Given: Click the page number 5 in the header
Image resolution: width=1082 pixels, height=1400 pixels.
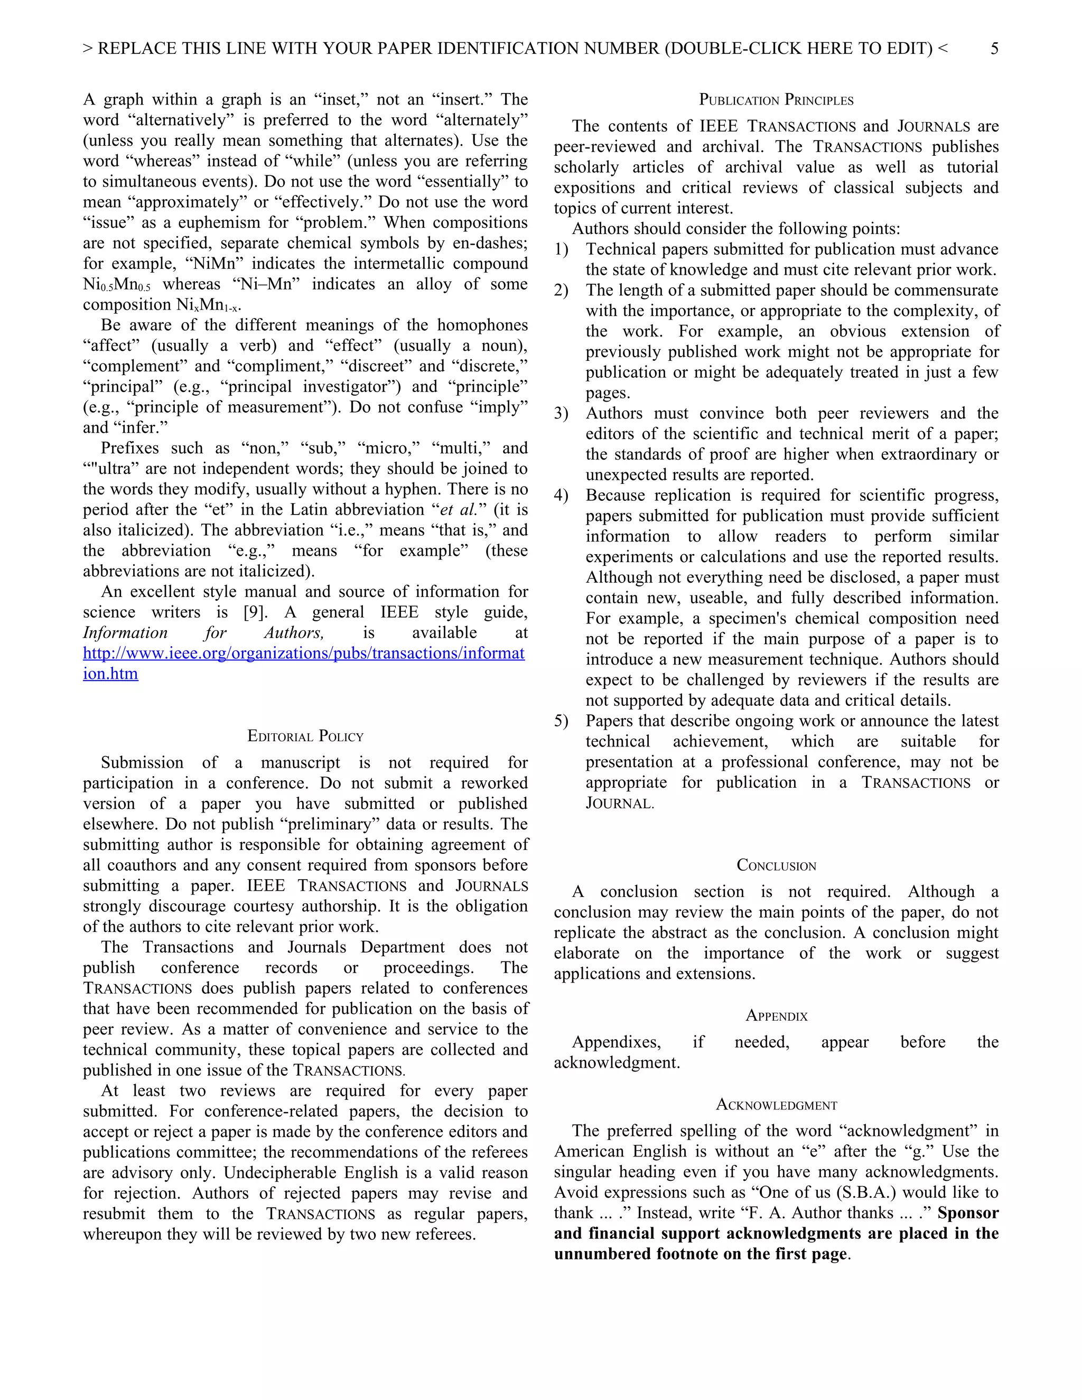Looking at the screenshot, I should point(994,49).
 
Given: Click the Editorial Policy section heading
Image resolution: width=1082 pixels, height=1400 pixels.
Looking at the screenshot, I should point(305,736).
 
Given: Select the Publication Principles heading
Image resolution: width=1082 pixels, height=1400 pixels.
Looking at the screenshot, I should point(776,100).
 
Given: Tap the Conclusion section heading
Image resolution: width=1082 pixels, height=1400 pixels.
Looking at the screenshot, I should point(776,865).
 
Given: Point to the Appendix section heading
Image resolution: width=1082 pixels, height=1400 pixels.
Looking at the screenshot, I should point(776,1015).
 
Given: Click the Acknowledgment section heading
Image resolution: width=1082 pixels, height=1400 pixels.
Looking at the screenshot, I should point(776,1105).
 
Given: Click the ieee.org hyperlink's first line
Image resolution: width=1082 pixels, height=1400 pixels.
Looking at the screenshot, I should point(304,653).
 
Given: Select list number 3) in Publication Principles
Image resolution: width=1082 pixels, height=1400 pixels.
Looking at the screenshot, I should point(561,414).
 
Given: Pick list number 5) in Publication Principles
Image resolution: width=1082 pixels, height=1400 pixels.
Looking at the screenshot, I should point(561,721).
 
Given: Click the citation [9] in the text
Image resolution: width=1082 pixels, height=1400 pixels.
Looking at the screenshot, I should point(255,612).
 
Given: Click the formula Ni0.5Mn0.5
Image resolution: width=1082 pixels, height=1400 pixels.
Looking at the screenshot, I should point(117,285).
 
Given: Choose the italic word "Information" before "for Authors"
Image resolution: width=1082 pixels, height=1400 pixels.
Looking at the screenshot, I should point(125,633).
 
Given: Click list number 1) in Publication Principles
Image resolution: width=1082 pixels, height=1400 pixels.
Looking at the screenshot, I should point(561,249).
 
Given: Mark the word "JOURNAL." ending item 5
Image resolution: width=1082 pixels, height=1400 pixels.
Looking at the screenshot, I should point(619,803).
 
